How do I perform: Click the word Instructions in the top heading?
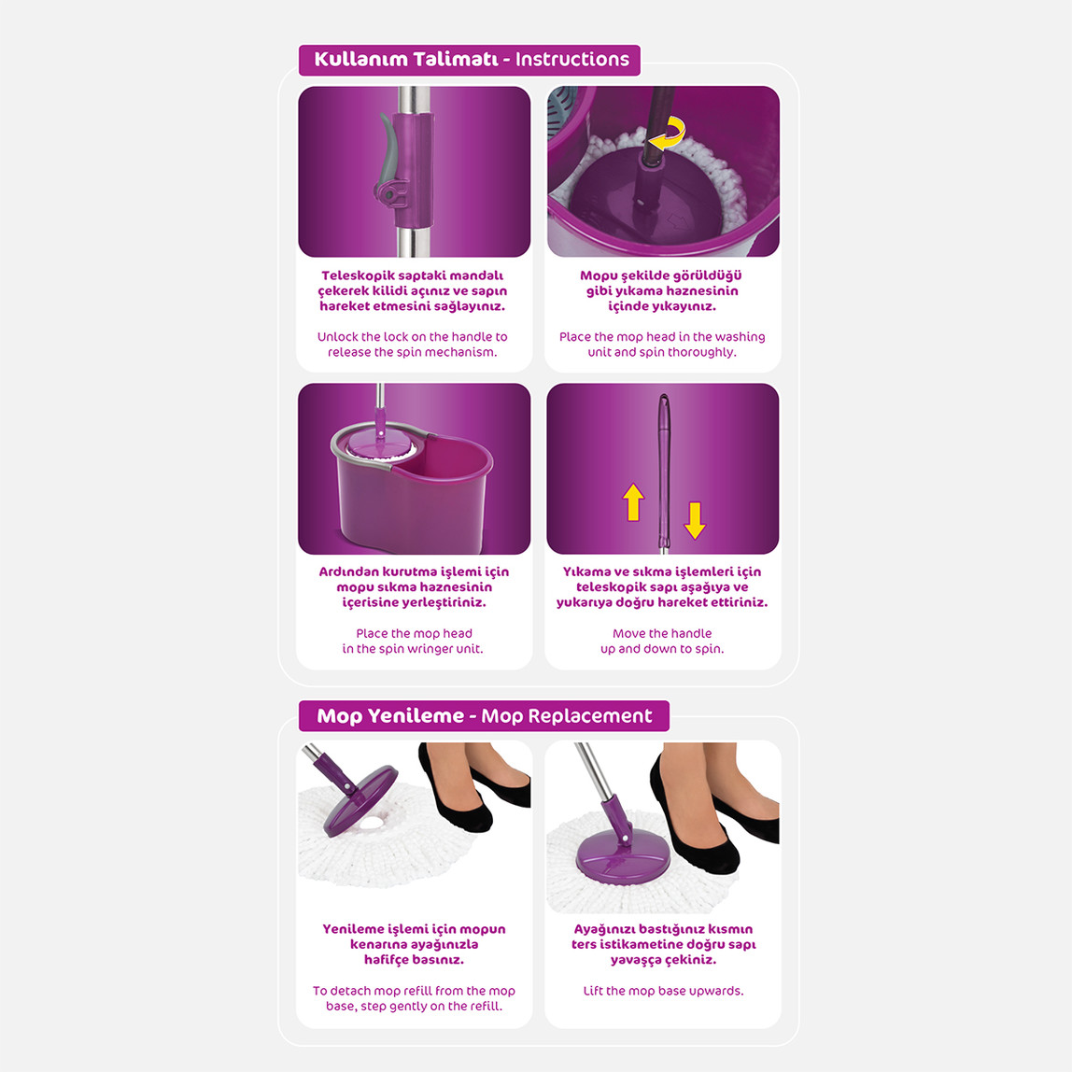pyautogui.click(x=572, y=60)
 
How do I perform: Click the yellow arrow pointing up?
pyautogui.click(x=634, y=502)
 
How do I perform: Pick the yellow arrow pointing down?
pyautogui.click(x=695, y=520)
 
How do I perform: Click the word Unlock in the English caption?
pyautogui.click(x=338, y=337)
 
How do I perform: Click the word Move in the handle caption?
pyautogui.click(x=628, y=634)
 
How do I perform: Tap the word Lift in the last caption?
pyautogui.click(x=593, y=991)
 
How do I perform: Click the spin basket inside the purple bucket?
pyautogui.click(x=382, y=446)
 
